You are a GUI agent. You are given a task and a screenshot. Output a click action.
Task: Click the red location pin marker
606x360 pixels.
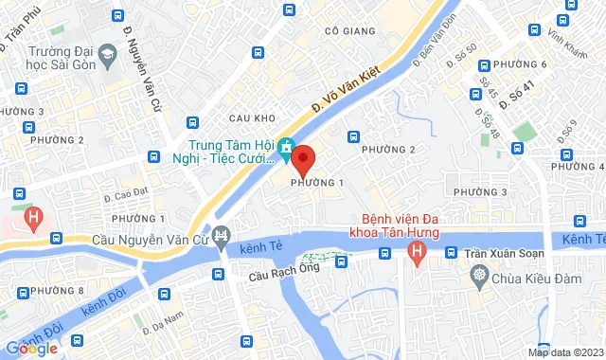(303, 156)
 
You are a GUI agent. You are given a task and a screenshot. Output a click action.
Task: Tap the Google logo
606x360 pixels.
(30, 349)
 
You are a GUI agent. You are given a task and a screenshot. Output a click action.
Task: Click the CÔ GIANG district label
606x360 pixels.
(346, 31)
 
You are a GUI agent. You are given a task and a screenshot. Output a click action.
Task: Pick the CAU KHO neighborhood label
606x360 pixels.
(251, 117)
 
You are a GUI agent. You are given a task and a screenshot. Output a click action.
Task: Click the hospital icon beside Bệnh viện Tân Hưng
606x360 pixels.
(416, 253)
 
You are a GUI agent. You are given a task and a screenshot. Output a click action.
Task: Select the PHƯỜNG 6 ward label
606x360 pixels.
(526, 64)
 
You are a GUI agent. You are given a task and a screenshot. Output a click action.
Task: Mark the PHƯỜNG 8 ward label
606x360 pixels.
(57, 289)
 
